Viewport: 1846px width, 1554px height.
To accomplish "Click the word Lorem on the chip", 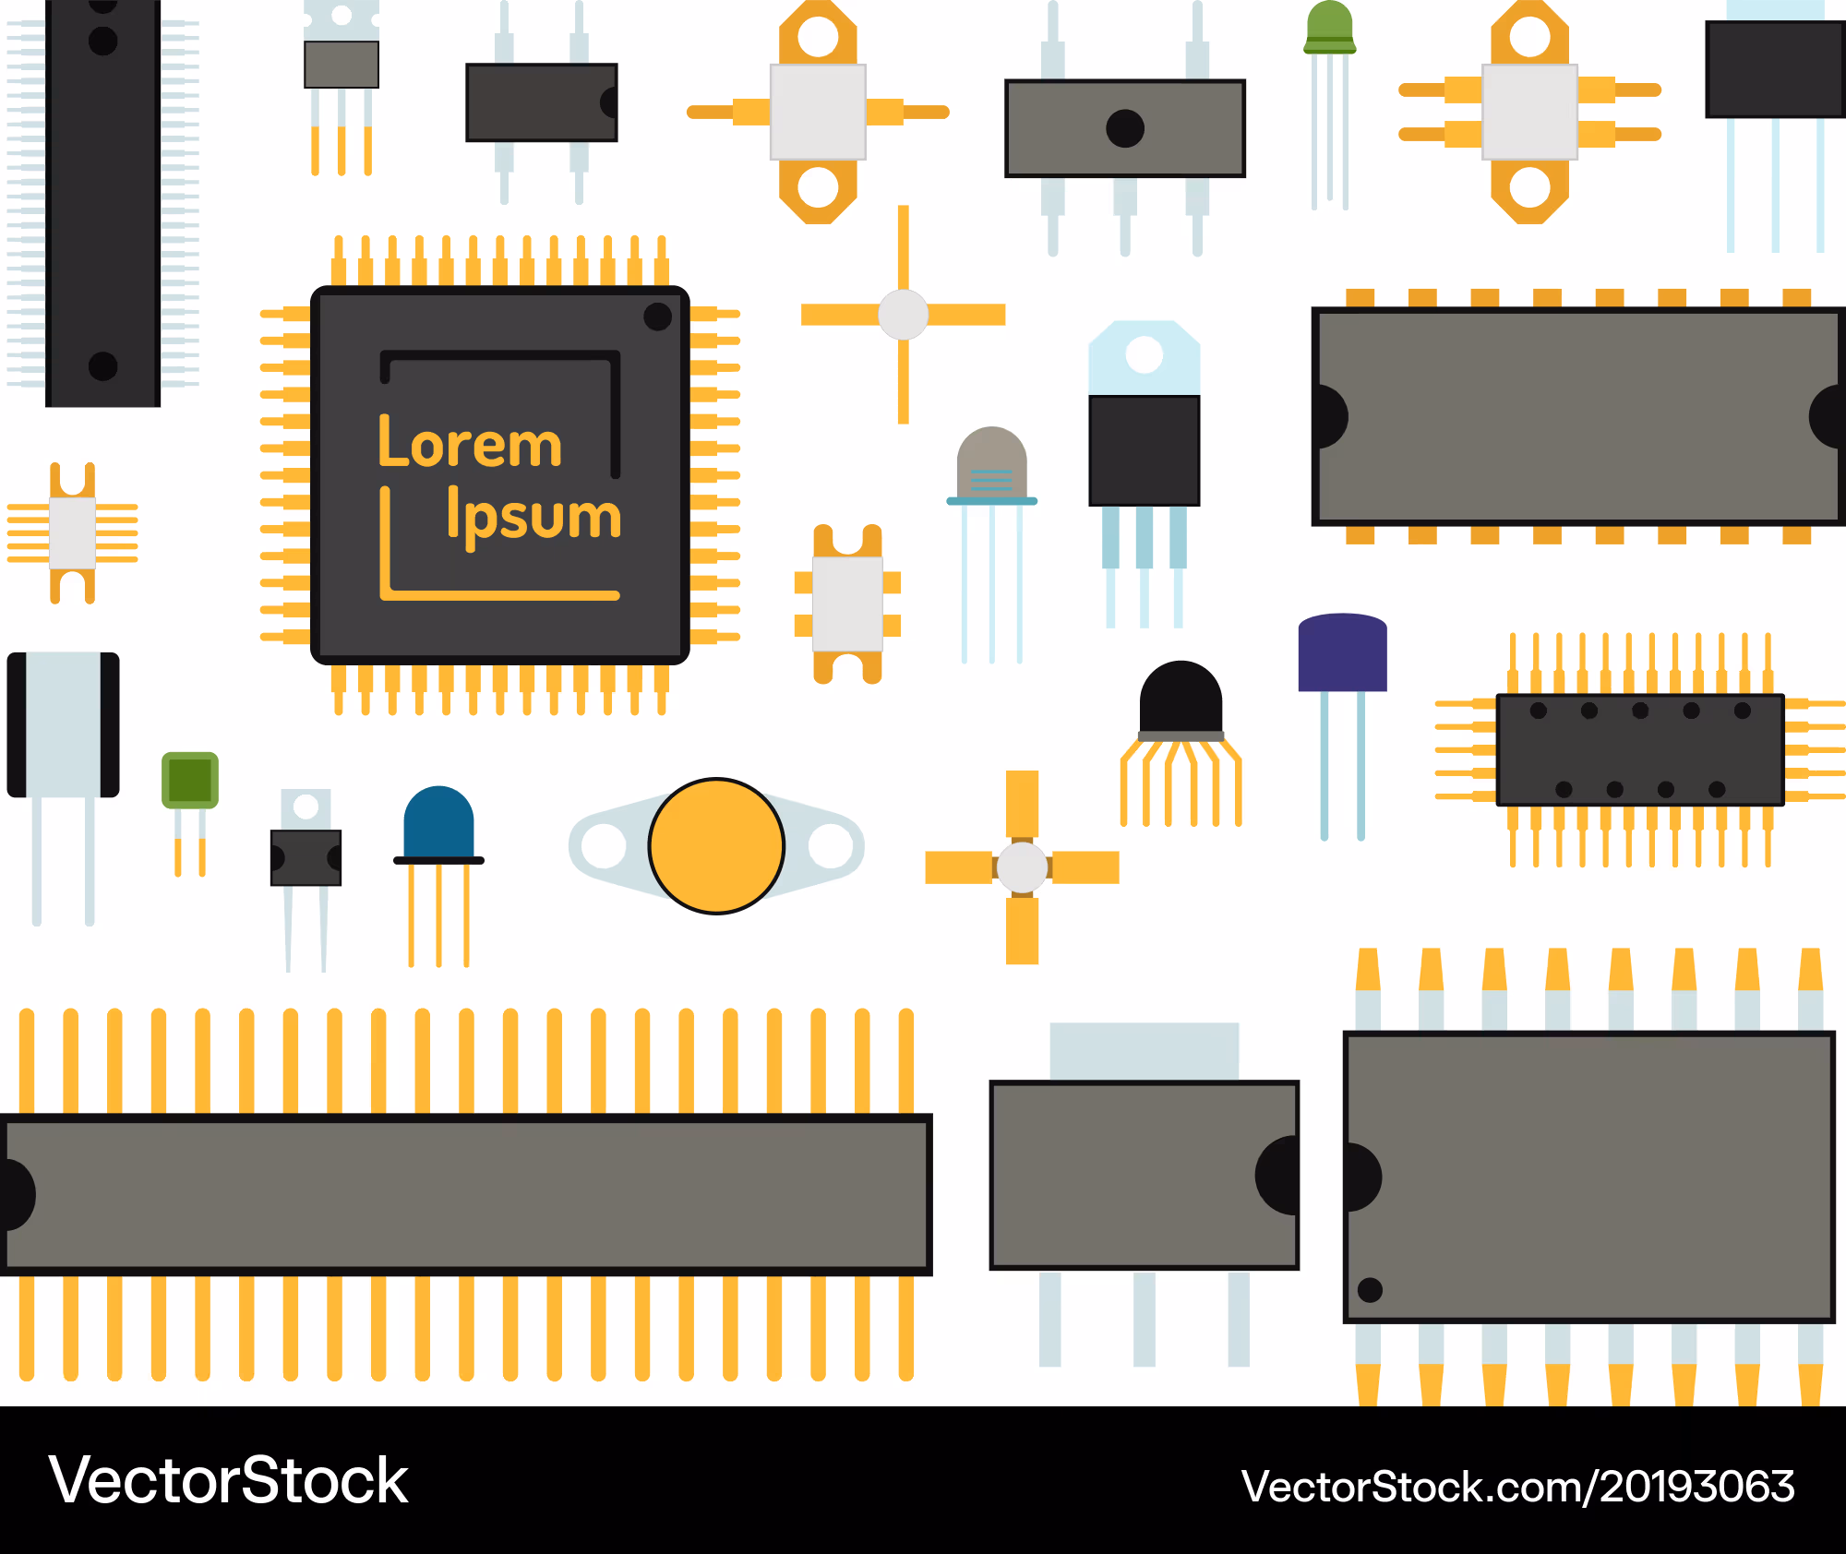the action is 470,442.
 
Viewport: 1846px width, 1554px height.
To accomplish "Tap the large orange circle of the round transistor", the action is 716,846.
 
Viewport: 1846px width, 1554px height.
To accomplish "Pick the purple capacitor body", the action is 1342,652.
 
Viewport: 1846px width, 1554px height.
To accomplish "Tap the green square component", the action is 190,780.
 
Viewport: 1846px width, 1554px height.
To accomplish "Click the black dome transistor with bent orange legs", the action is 1181,699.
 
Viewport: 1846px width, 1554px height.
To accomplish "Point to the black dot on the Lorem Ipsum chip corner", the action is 657,317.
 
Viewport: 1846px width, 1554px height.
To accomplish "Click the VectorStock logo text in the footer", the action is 228,1480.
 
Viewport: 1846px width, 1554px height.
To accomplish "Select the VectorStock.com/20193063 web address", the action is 1518,1487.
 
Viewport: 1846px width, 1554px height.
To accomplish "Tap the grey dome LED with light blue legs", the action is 991,463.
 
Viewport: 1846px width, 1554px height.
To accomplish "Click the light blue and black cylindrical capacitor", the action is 63,724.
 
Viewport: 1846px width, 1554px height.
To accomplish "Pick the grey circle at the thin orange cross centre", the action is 903,315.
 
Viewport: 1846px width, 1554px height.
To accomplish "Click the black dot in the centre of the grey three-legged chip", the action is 1125,128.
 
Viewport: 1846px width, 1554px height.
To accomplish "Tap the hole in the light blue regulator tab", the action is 1145,354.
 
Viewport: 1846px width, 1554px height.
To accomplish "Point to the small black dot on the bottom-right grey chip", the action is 1371,1289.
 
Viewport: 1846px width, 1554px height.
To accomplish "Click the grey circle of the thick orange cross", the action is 1022,867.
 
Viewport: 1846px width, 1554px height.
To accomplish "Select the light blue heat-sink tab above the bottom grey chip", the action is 1145,1051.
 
